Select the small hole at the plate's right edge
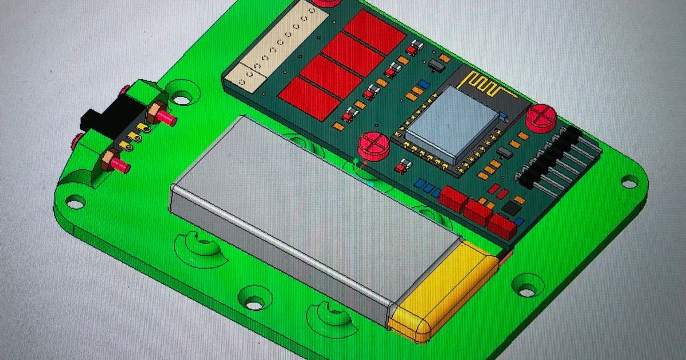click(x=629, y=183)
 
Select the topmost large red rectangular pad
click(x=374, y=31)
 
